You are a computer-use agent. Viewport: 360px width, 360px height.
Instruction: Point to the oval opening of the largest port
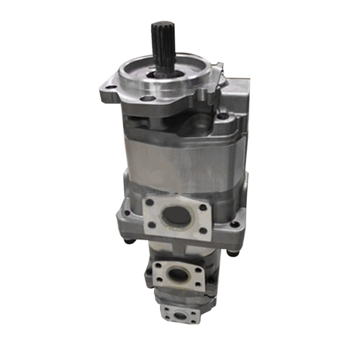(176, 216)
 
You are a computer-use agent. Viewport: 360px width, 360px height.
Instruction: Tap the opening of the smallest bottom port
(180, 315)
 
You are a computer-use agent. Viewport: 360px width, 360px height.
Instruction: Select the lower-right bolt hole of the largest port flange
(203, 230)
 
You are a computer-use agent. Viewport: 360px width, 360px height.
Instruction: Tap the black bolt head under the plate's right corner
(231, 253)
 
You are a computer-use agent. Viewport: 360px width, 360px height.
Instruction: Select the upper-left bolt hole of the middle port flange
(157, 265)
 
